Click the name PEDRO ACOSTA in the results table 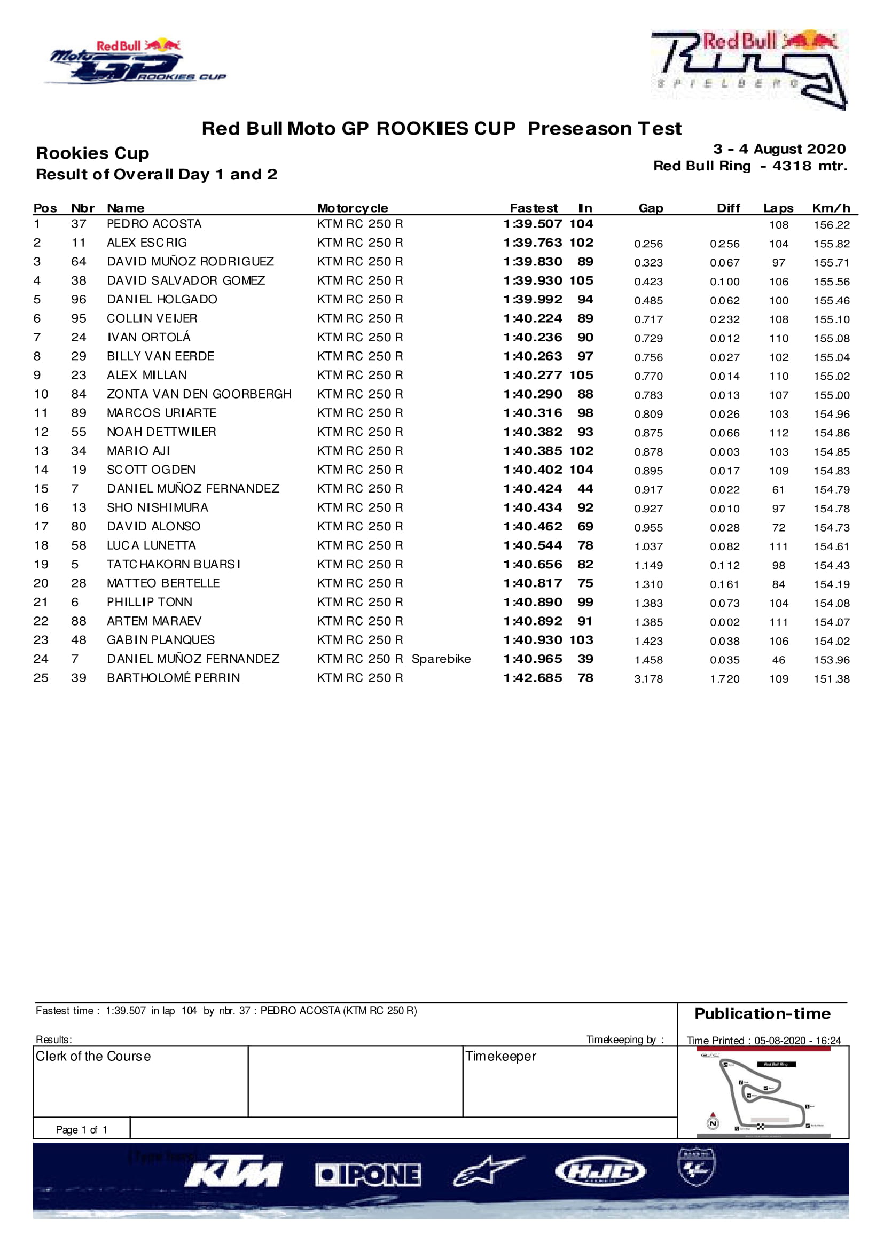coord(154,224)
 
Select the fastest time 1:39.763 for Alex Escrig coord(533,243)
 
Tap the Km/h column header coord(831,208)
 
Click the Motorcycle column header coord(352,208)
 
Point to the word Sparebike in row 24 coord(441,659)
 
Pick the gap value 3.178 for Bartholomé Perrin coord(648,678)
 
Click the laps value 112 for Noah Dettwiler coord(778,433)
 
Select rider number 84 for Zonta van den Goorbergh coord(79,394)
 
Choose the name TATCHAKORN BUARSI coord(174,565)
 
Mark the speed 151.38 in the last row coord(831,678)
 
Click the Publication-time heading coord(762,1014)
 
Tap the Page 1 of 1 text coord(82,1130)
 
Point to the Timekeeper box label coord(500,1057)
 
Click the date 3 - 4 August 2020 coord(779,149)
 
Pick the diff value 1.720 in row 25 coord(724,678)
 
